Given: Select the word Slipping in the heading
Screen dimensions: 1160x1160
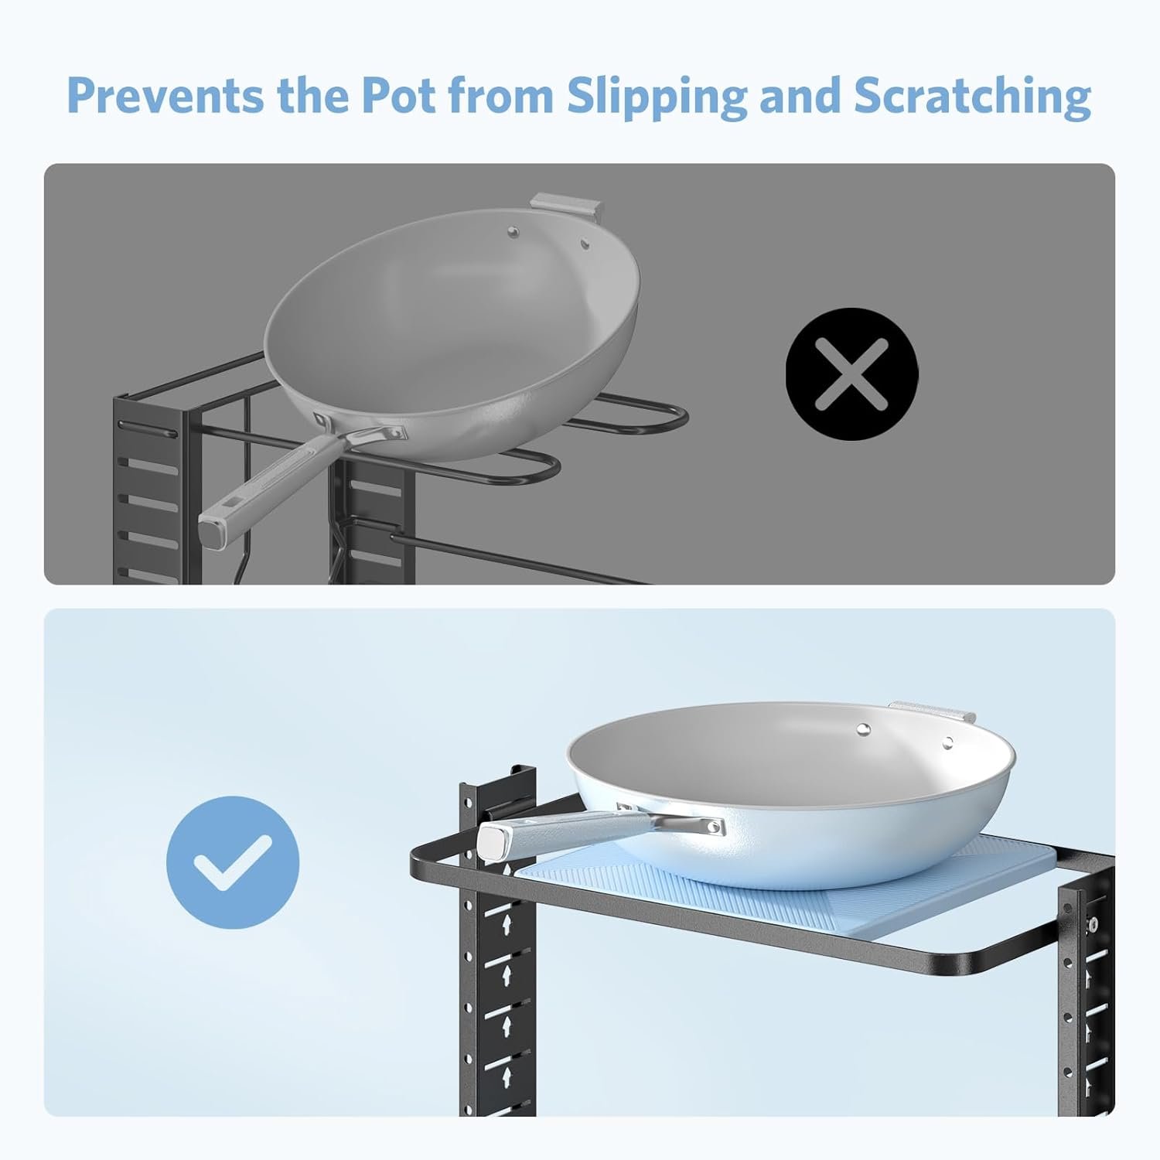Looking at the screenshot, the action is click(657, 98).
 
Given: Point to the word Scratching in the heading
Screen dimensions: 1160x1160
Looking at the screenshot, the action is click(972, 98).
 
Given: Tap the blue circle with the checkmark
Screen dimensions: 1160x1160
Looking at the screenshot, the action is click(233, 861).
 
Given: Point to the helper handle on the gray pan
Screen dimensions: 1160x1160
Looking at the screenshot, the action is click(568, 206).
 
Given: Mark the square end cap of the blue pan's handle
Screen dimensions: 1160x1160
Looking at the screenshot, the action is click(493, 840).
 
